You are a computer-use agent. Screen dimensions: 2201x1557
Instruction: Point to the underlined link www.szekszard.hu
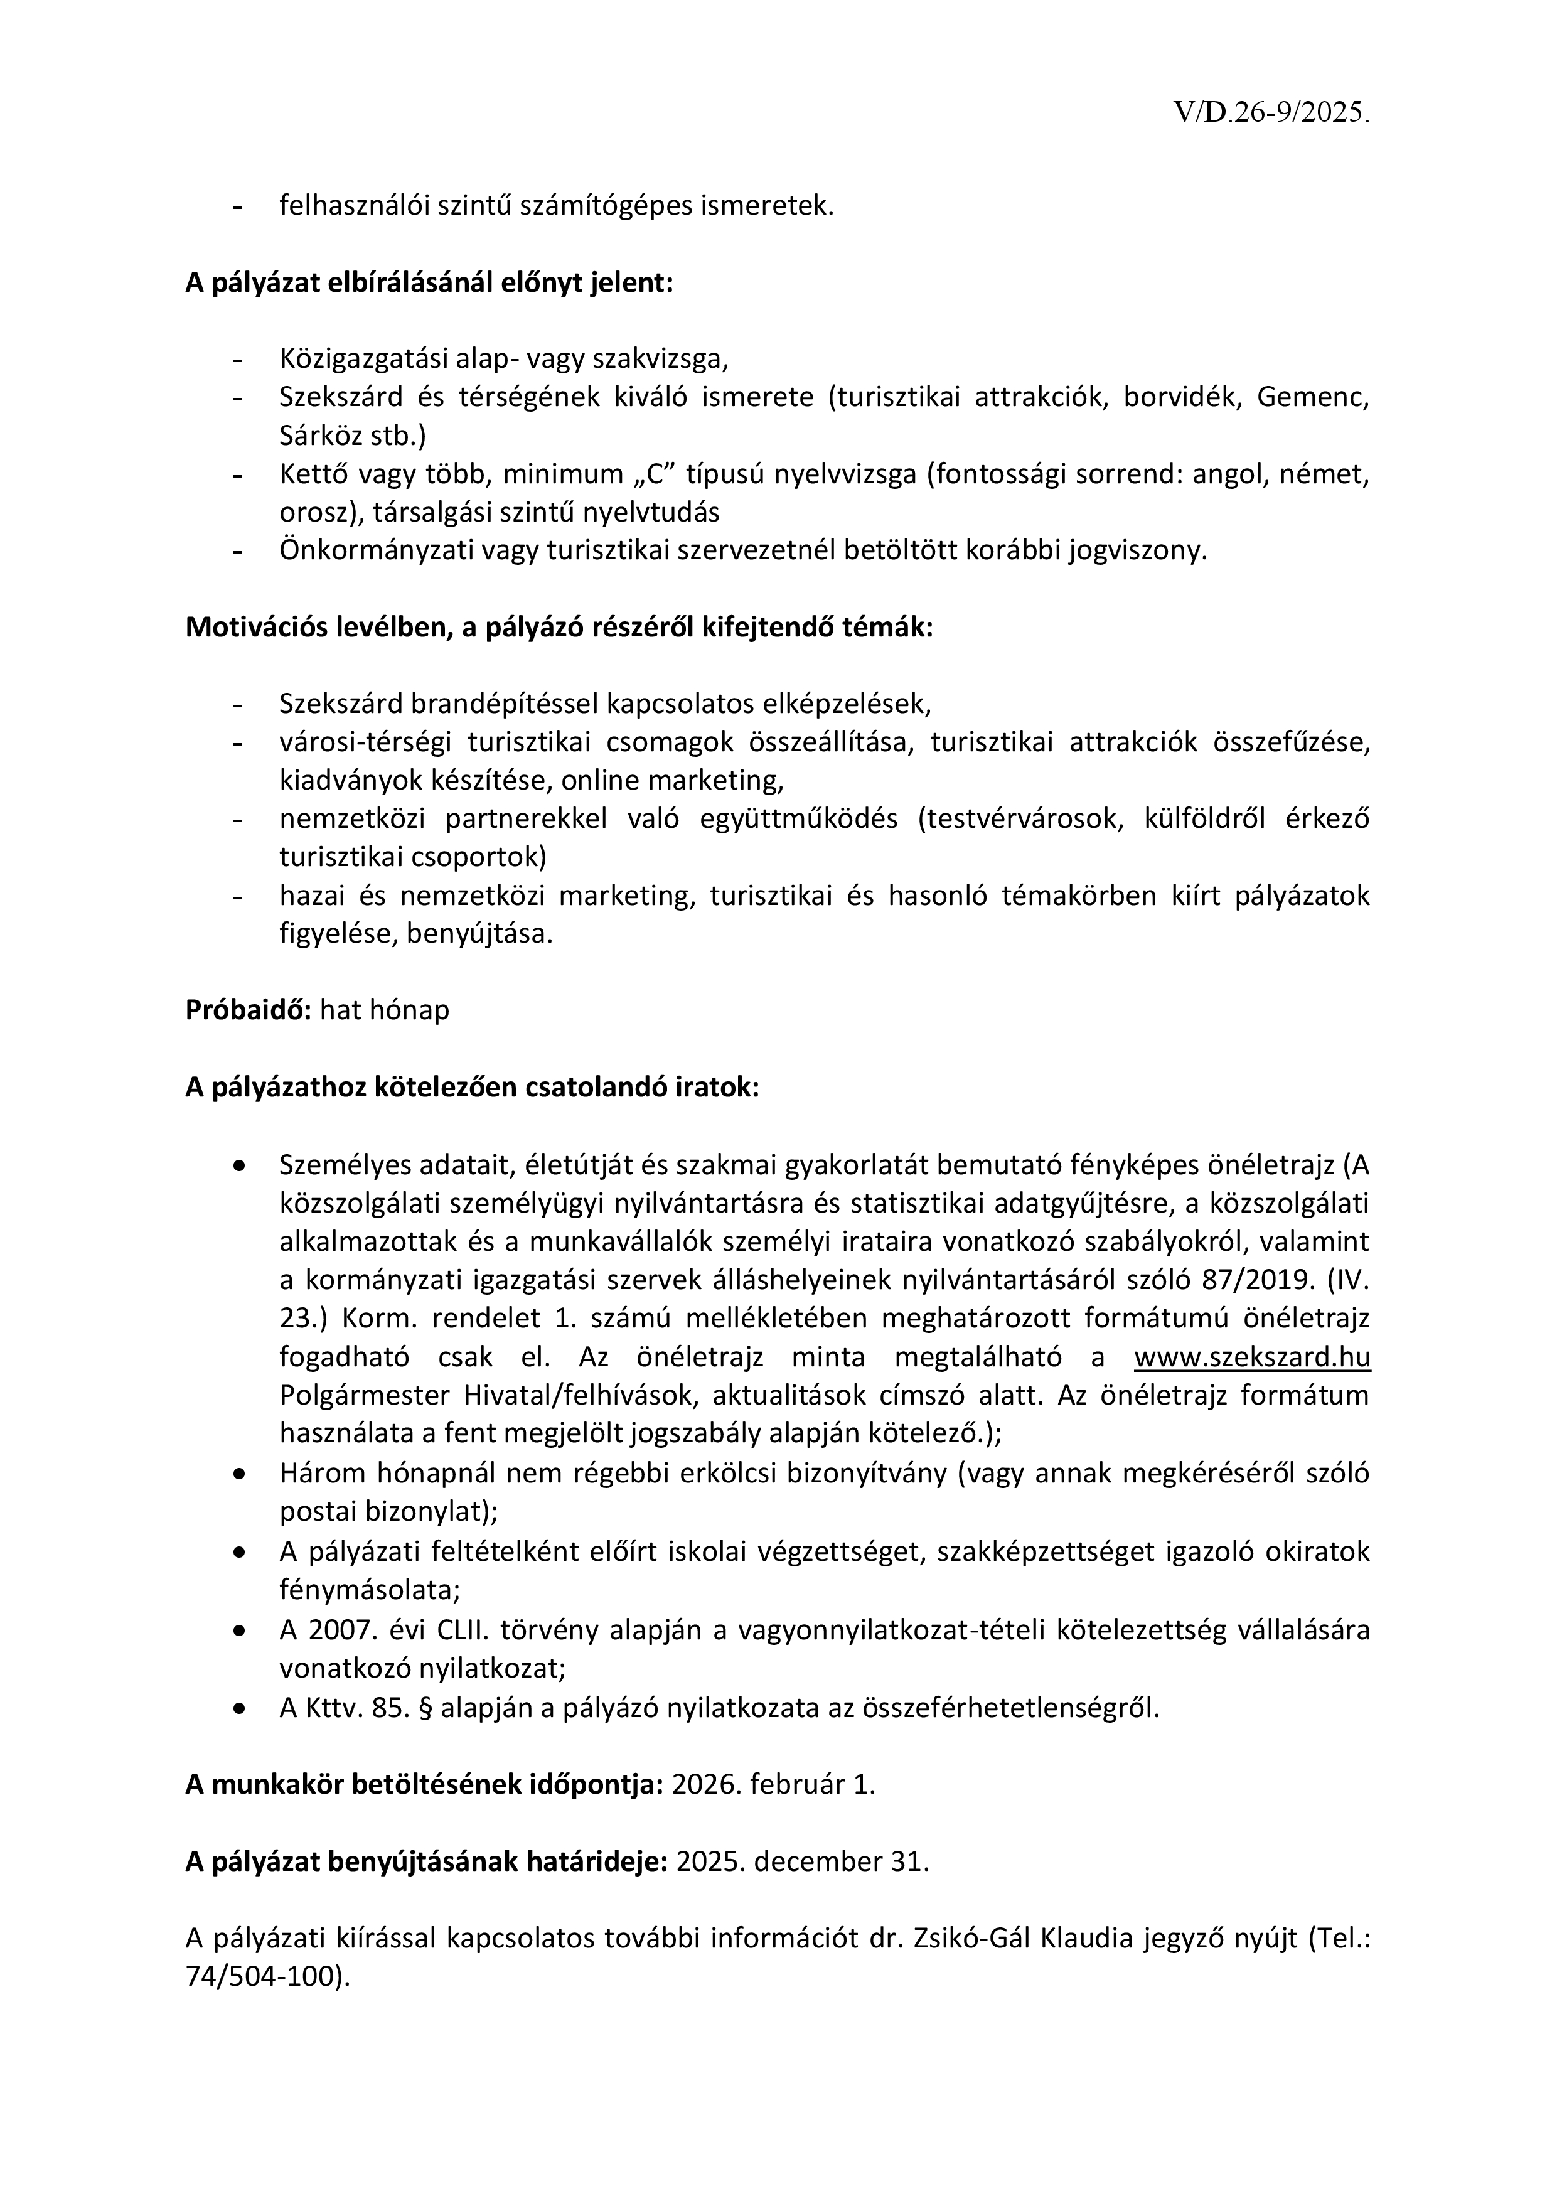point(1251,1358)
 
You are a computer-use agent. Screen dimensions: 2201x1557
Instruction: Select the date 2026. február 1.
point(774,1785)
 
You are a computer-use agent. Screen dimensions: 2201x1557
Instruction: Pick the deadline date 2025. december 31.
point(803,1861)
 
